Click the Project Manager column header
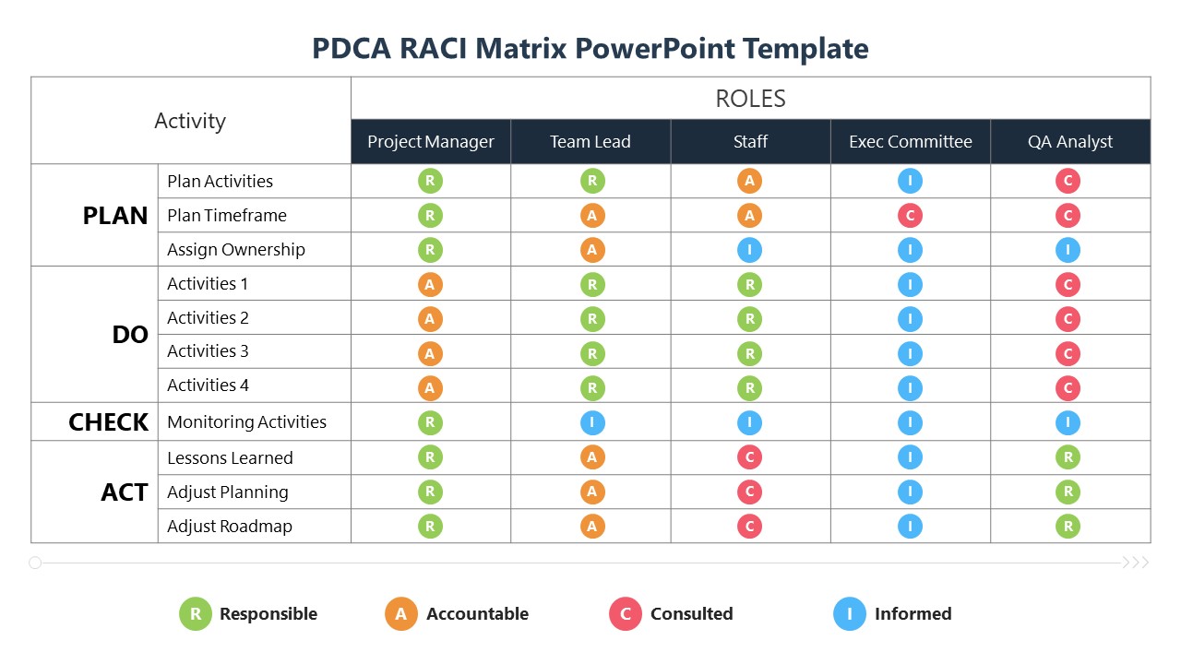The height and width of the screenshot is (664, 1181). click(x=431, y=142)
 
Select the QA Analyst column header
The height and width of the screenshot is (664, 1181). click(x=1070, y=142)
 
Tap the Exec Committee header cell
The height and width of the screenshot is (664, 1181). click(x=911, y=142)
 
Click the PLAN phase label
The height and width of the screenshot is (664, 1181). click(x=115, y=216)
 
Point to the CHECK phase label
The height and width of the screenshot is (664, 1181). click(x=108, y=422)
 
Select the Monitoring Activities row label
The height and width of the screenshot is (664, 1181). click(x=246, y=422)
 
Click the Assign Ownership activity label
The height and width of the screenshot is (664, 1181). click(x=235, y=250)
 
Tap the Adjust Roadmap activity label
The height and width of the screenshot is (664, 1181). click(x=229, y=527)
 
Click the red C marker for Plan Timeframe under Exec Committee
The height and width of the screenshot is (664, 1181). click(x=910, y=216)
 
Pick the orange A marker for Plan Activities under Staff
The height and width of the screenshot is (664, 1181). click(x=749, y=181)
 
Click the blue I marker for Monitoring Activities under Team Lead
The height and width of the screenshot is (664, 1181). click(x=592, y=423)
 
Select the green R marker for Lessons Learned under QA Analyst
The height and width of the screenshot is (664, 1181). click(x=1068, y=457)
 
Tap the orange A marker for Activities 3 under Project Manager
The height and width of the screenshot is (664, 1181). click(x=430, y=353)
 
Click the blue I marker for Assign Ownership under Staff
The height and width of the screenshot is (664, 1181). click(x=749, y=250)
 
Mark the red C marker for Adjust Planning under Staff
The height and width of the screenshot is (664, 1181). click(x=749, y=492)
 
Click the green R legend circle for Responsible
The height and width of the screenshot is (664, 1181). click(x=196, y=614)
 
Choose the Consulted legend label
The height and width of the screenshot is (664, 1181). click(x=691, y=614)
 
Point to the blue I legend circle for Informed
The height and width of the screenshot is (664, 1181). click(x=850, y=614)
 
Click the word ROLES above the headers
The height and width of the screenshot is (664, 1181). click(x=750, y=99)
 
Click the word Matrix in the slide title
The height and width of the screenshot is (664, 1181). click(x=519, y=48)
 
